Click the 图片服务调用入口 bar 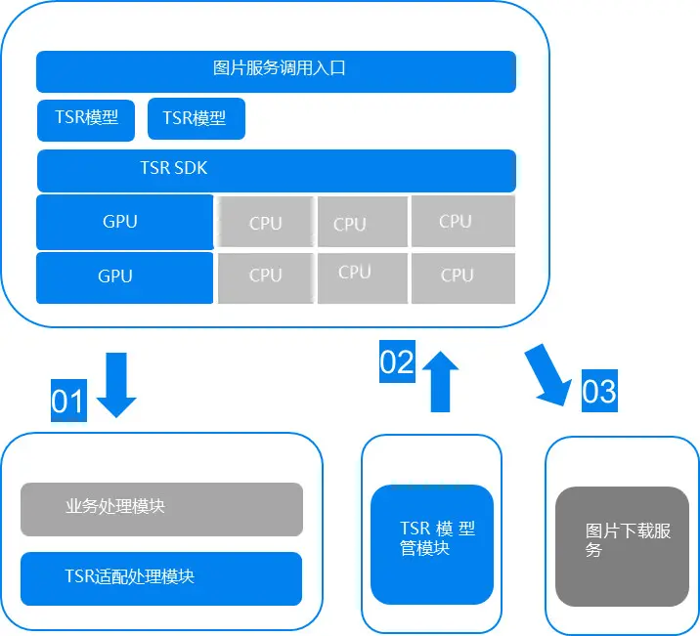tap(276, 71)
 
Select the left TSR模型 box tap(87, 118)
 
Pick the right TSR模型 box tap(196, 118)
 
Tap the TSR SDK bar tap(276, 170)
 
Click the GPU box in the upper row tap(124, 222)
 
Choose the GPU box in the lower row tap(124, 277)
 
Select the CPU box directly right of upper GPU tap(265, 222)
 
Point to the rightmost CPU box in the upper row tap(462, 221)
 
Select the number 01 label tap(67, 402)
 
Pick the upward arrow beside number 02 tap(440, 381)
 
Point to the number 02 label tap(397, 362)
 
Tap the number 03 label tap(599, 391)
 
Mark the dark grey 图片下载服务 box tap(622, 546)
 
